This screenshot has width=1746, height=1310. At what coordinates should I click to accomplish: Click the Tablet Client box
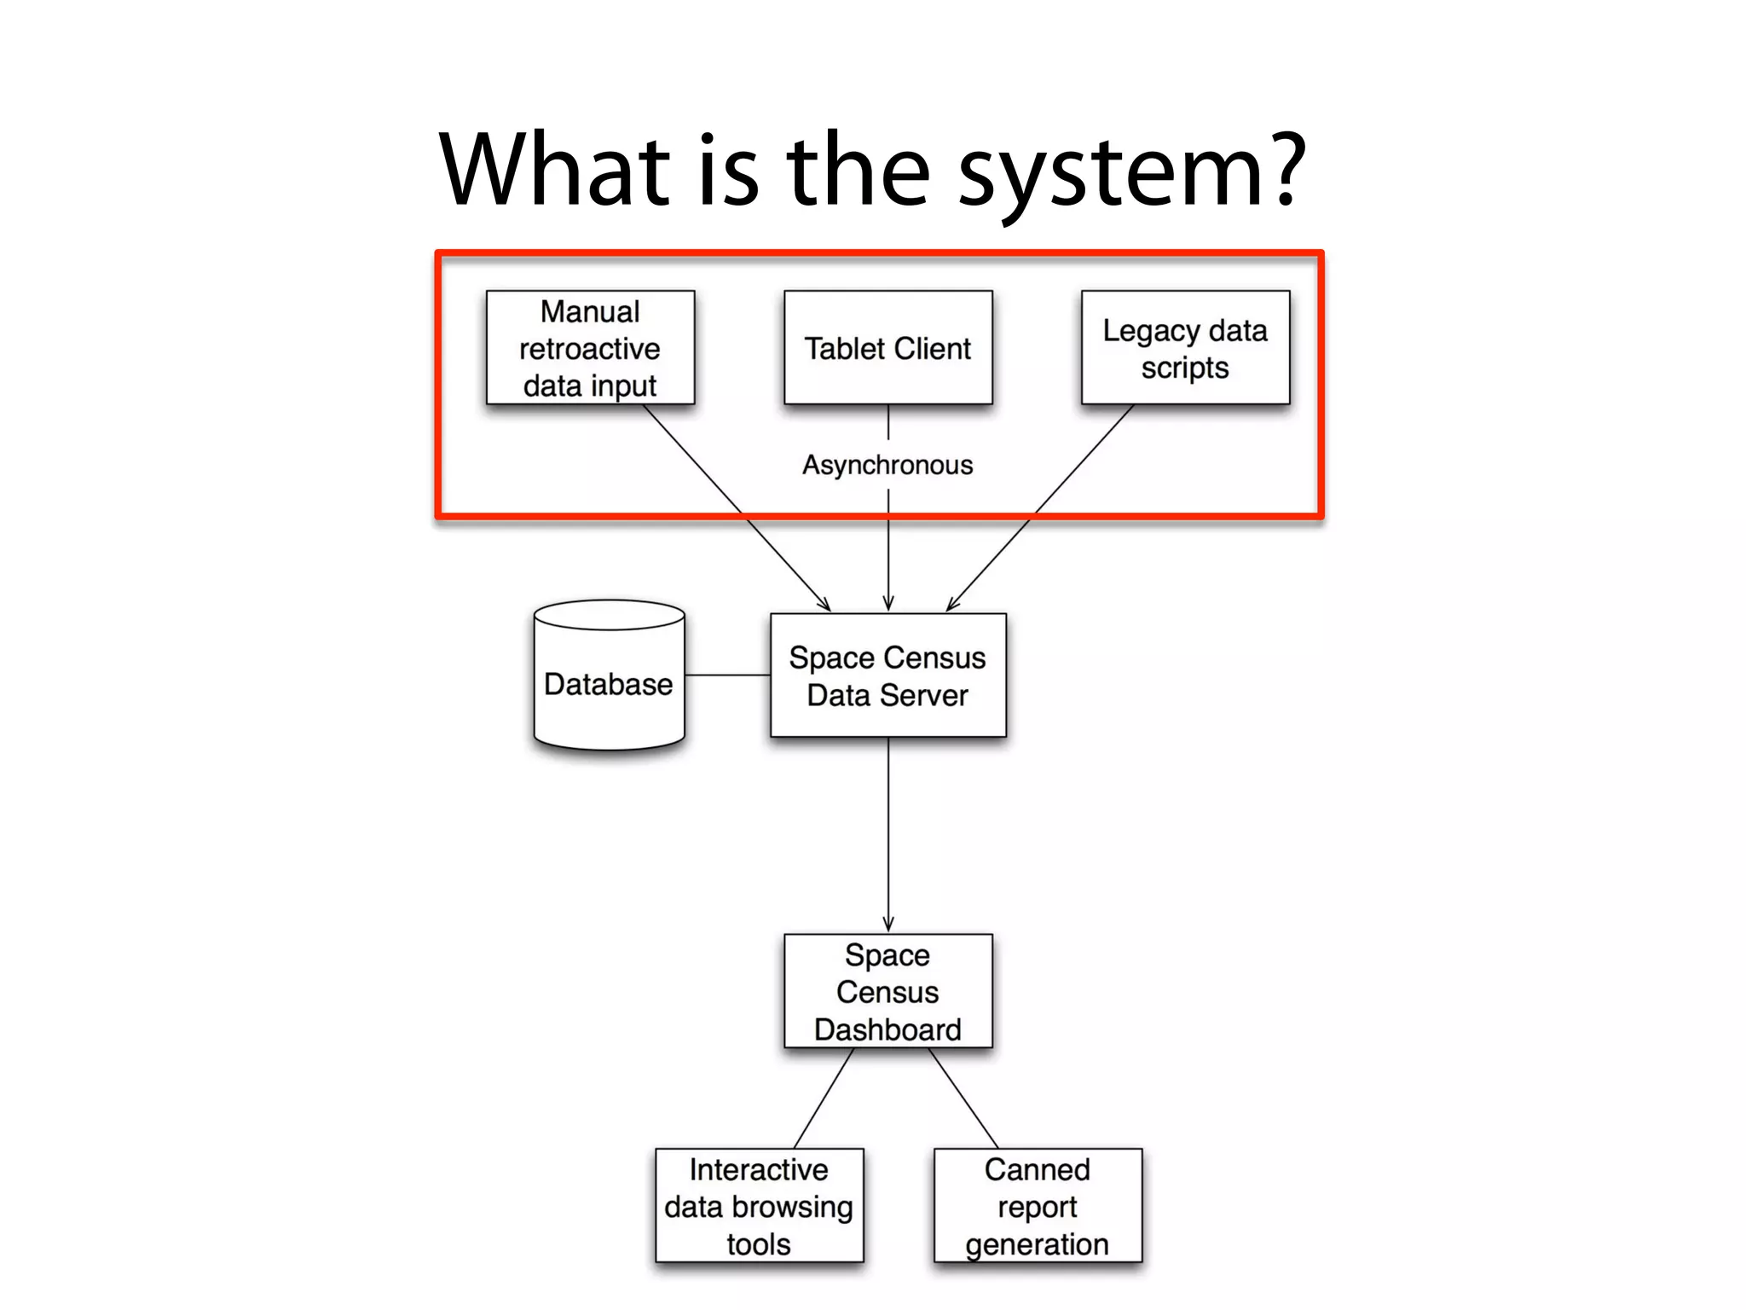(x=887, y=348)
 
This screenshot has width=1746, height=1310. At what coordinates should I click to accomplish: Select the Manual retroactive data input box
(x=590, y=348)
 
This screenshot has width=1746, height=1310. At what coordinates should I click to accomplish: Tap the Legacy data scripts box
(x=1185, y=348)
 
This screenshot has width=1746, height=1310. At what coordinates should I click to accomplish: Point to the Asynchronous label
(x=887, y=465)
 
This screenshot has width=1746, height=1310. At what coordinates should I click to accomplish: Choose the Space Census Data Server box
(x=887, y=675)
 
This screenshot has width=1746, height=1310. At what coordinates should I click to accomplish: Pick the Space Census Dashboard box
(x=887, y=991)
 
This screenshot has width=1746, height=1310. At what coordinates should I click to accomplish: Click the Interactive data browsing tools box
(x=759, y=1205)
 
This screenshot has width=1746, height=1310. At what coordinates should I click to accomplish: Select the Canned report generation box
(x=1038, y=1205)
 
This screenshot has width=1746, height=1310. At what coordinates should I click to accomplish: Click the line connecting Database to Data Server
(x=727, y=675)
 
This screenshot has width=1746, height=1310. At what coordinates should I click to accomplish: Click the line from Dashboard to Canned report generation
(x=963, y=1098)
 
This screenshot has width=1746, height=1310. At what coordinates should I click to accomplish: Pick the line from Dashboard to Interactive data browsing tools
(x=824, y=1098)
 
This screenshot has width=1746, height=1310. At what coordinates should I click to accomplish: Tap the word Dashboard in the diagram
(x=887, y=1029)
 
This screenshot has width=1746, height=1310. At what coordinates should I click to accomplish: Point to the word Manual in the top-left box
(x=590, y=311)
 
